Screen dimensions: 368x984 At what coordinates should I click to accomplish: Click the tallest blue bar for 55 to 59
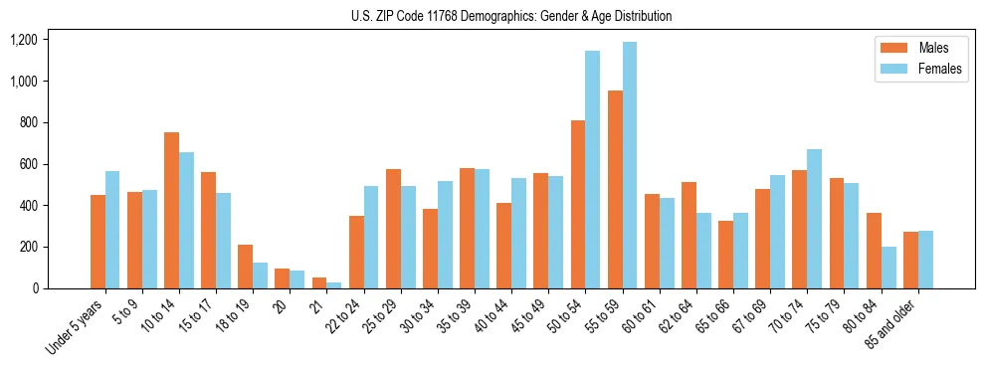(630, 165)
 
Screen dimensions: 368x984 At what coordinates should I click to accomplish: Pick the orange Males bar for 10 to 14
(171, 210)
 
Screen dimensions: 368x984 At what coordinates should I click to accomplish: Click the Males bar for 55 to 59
(615, 189)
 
